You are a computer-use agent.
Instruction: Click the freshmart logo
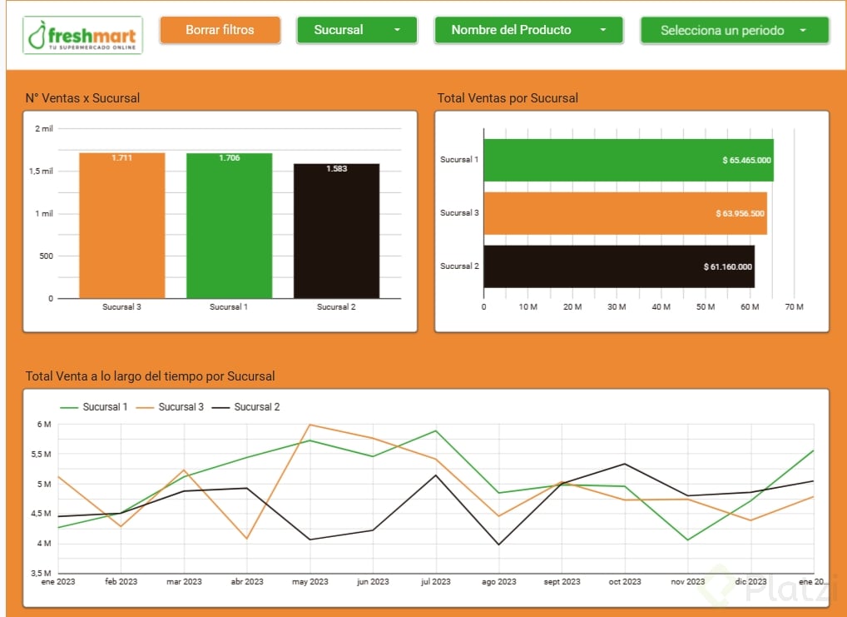[82, 35]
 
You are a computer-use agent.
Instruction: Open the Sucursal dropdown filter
[357, 30]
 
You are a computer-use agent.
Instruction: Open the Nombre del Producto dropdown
[528, 30]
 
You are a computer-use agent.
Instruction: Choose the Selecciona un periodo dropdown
[734, 31]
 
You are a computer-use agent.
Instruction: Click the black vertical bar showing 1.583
[336, 231]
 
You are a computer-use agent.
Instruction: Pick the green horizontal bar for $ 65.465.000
[628, 160]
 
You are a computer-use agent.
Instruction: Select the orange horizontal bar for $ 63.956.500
[625, 213]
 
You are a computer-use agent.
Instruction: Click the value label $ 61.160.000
[728, 266]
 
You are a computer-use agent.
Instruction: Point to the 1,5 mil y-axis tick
[42, 171]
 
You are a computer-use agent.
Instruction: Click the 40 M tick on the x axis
[661, 307]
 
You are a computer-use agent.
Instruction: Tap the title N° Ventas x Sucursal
[82, 98]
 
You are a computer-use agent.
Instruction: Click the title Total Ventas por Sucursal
[508, 98]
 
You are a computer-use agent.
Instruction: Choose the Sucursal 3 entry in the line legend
[181, 407]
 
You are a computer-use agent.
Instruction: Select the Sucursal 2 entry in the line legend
[256, 407]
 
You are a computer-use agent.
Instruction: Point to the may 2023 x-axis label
[310, 581]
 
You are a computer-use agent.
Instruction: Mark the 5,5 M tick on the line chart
[41, 454]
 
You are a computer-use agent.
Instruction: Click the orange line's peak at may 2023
[310, 425]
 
